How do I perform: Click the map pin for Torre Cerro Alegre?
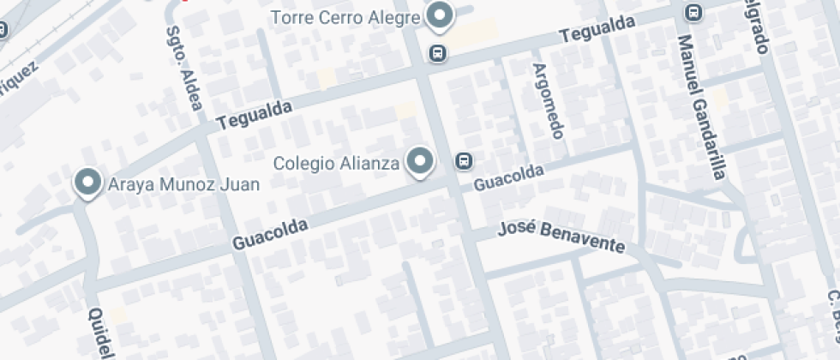[441, 15]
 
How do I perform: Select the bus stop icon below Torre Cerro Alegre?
[438, 53]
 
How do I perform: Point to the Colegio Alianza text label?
[336, 162]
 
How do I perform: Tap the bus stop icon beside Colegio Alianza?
[464, 160]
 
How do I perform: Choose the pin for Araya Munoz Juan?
[87, 183]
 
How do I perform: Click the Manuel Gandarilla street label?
[700, 107]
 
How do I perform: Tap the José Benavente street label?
[561, 237]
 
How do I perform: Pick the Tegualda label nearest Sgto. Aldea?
[255, 115]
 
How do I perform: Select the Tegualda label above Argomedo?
[597, 32]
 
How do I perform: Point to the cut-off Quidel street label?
[100, 333]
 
